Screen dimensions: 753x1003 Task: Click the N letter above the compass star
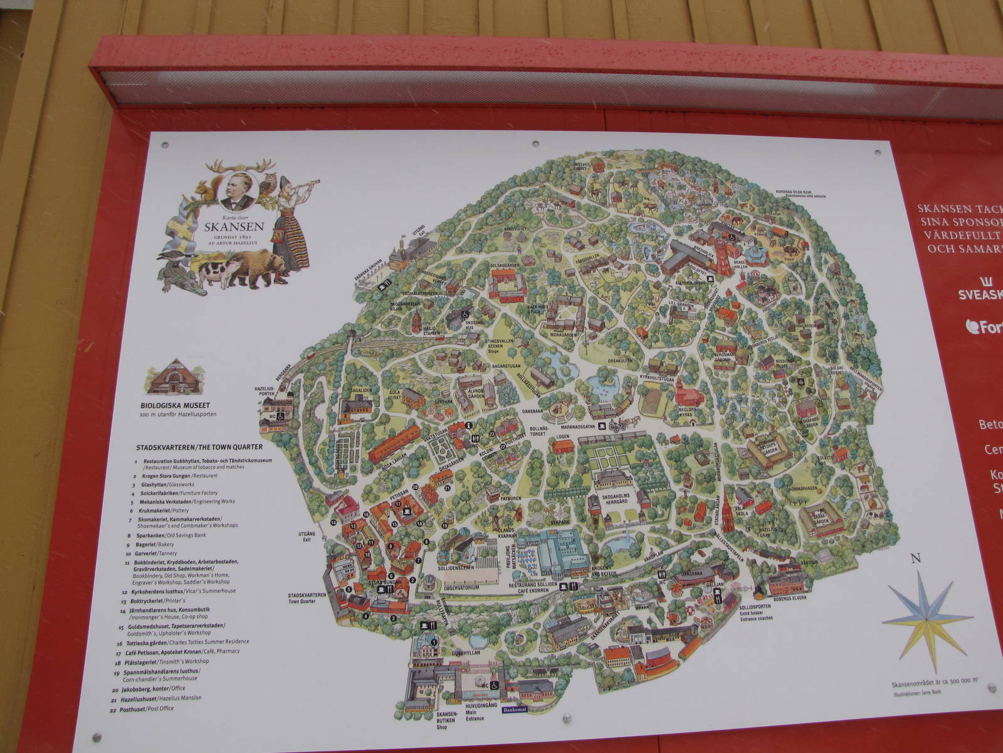[x=915, y=558]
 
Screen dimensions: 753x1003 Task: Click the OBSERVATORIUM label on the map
[x=461, y=587]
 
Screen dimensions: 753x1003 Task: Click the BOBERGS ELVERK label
[x=790, y=597]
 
